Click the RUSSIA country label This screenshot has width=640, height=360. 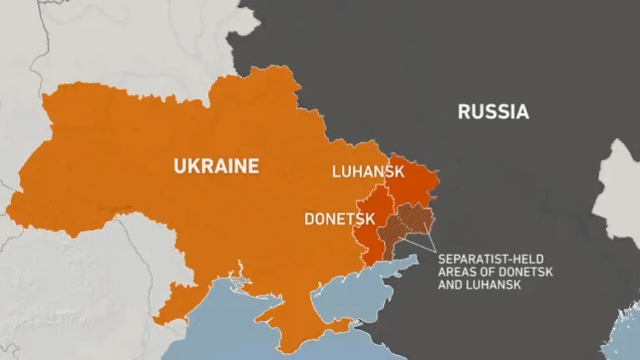coord(493,111)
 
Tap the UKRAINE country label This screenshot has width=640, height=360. coord(216,166)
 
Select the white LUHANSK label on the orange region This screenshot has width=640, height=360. coord(367,172)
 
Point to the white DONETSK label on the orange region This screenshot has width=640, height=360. coord(340,219)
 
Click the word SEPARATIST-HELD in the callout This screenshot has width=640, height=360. coord(485,259)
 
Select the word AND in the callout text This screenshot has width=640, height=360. coord(450,285)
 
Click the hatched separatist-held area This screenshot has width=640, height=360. coord(407,224)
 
